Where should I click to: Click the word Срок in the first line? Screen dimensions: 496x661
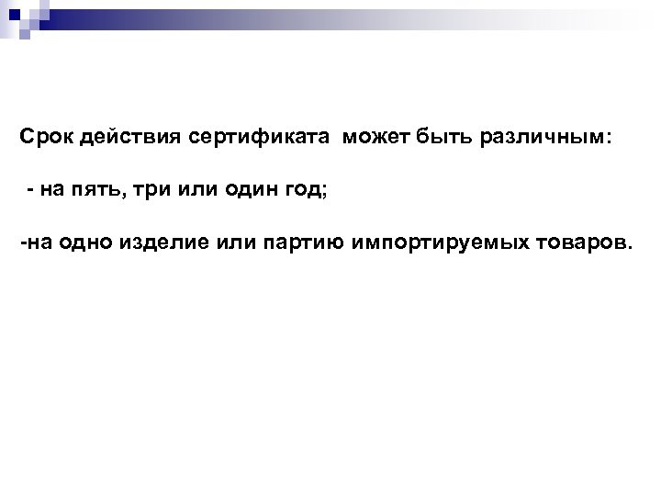pos(46,137)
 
